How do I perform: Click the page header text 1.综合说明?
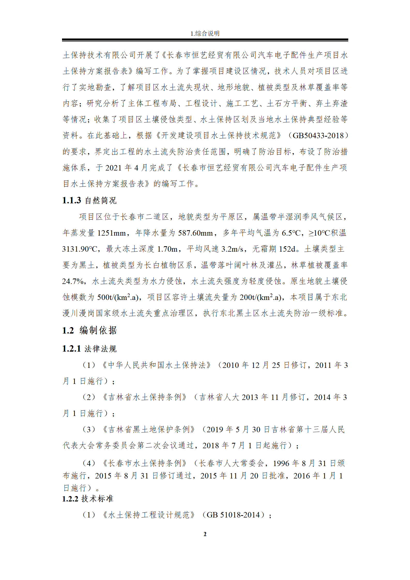click(x=205, y=33)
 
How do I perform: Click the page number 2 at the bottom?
click(x=205, y=534)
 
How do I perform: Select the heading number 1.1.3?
click(x=72, y=200)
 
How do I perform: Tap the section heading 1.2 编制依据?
click(x=89, y=330)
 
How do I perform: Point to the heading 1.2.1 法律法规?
click(x=89, y=349)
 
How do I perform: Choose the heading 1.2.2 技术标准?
click(x=88, y=499)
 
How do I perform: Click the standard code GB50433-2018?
click(x=318, y=135)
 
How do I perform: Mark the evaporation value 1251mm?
click(x=111, y=233)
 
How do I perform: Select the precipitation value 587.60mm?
click(x=196, y=233)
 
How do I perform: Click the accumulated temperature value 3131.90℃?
click(x=80, y=249)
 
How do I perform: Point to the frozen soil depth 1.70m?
click(x=167, y=249)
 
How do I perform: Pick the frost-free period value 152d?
click(x=287, y=249)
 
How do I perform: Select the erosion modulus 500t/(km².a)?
click(x=118, y=297)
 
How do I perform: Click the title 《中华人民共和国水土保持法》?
click(x=156, y=365)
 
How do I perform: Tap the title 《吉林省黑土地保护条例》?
click(x=149, y=429)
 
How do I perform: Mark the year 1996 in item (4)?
click(x=281, y=463)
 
